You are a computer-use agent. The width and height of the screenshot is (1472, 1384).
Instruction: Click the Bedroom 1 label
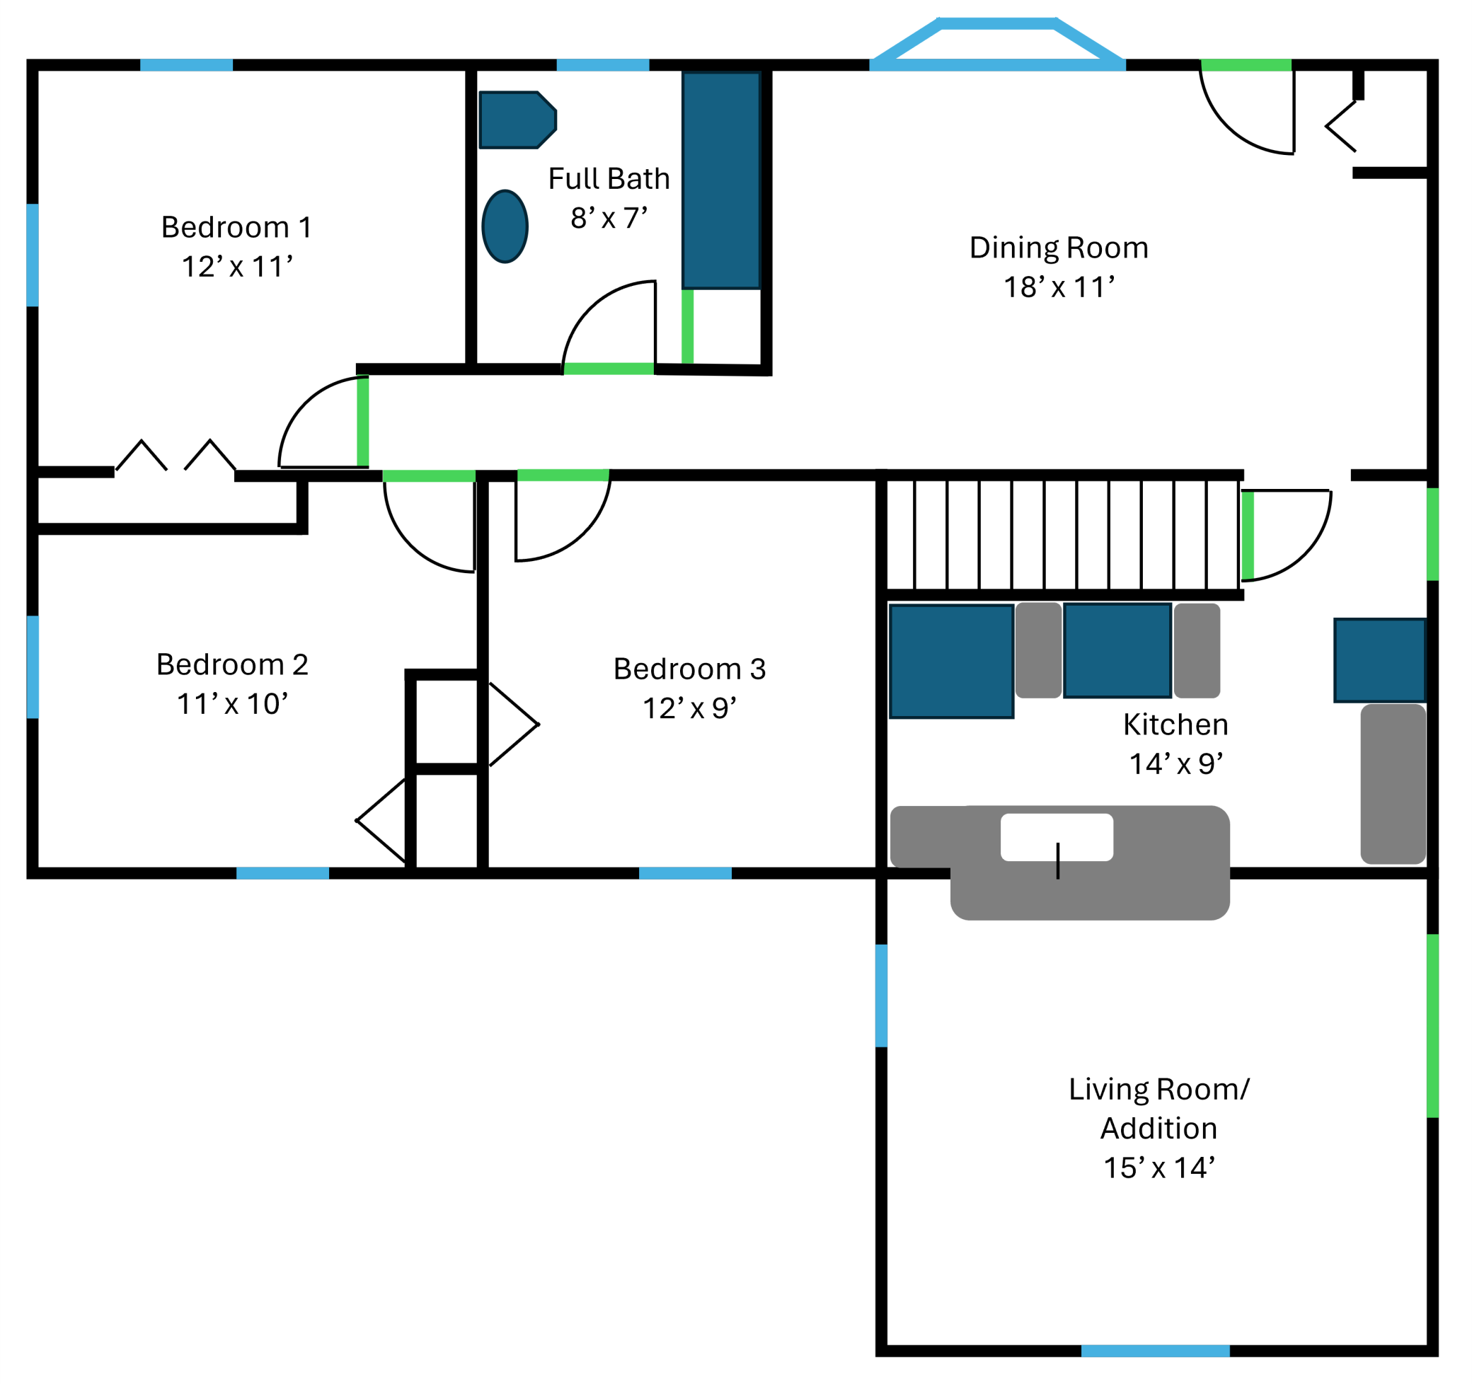point(236,227)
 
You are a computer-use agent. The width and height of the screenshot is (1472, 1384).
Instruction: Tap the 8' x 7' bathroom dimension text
point(609,219)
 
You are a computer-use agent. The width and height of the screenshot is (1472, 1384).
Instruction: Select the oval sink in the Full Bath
point(505,226)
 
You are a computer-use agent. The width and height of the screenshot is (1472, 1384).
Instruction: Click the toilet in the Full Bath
point(516,120)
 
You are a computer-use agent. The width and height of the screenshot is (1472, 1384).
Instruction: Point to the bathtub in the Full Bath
point(721,180)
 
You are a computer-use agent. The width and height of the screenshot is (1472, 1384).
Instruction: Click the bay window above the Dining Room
point(997,45)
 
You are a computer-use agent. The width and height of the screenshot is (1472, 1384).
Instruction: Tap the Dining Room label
point(1059,248)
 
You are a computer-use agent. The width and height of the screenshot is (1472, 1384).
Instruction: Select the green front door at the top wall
point(1246,65)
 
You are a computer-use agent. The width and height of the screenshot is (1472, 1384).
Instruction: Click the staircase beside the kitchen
point(1062,534)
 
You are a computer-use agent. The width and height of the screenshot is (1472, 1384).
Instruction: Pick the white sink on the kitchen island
point(1057,838)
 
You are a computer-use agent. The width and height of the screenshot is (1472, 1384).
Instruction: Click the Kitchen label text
point(1175,725)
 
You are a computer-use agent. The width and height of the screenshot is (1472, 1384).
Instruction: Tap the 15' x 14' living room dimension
point(1158,1167)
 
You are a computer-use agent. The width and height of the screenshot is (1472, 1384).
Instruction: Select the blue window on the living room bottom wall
point(1155,1351)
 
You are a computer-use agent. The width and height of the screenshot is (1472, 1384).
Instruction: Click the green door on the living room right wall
point(1433,1025)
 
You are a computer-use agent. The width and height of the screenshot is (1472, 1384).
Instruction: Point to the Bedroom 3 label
point(689,669)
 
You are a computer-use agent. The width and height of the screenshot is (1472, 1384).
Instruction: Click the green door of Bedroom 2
point(430,476)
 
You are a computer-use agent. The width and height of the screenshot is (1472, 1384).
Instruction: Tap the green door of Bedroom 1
point(363,422)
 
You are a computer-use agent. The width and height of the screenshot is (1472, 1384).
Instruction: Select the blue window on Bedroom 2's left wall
point(33,667)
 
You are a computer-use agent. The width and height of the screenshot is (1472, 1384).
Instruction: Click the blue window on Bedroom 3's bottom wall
point(685,874)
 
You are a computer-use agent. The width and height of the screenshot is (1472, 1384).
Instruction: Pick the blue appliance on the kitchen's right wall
point(1379,659)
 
